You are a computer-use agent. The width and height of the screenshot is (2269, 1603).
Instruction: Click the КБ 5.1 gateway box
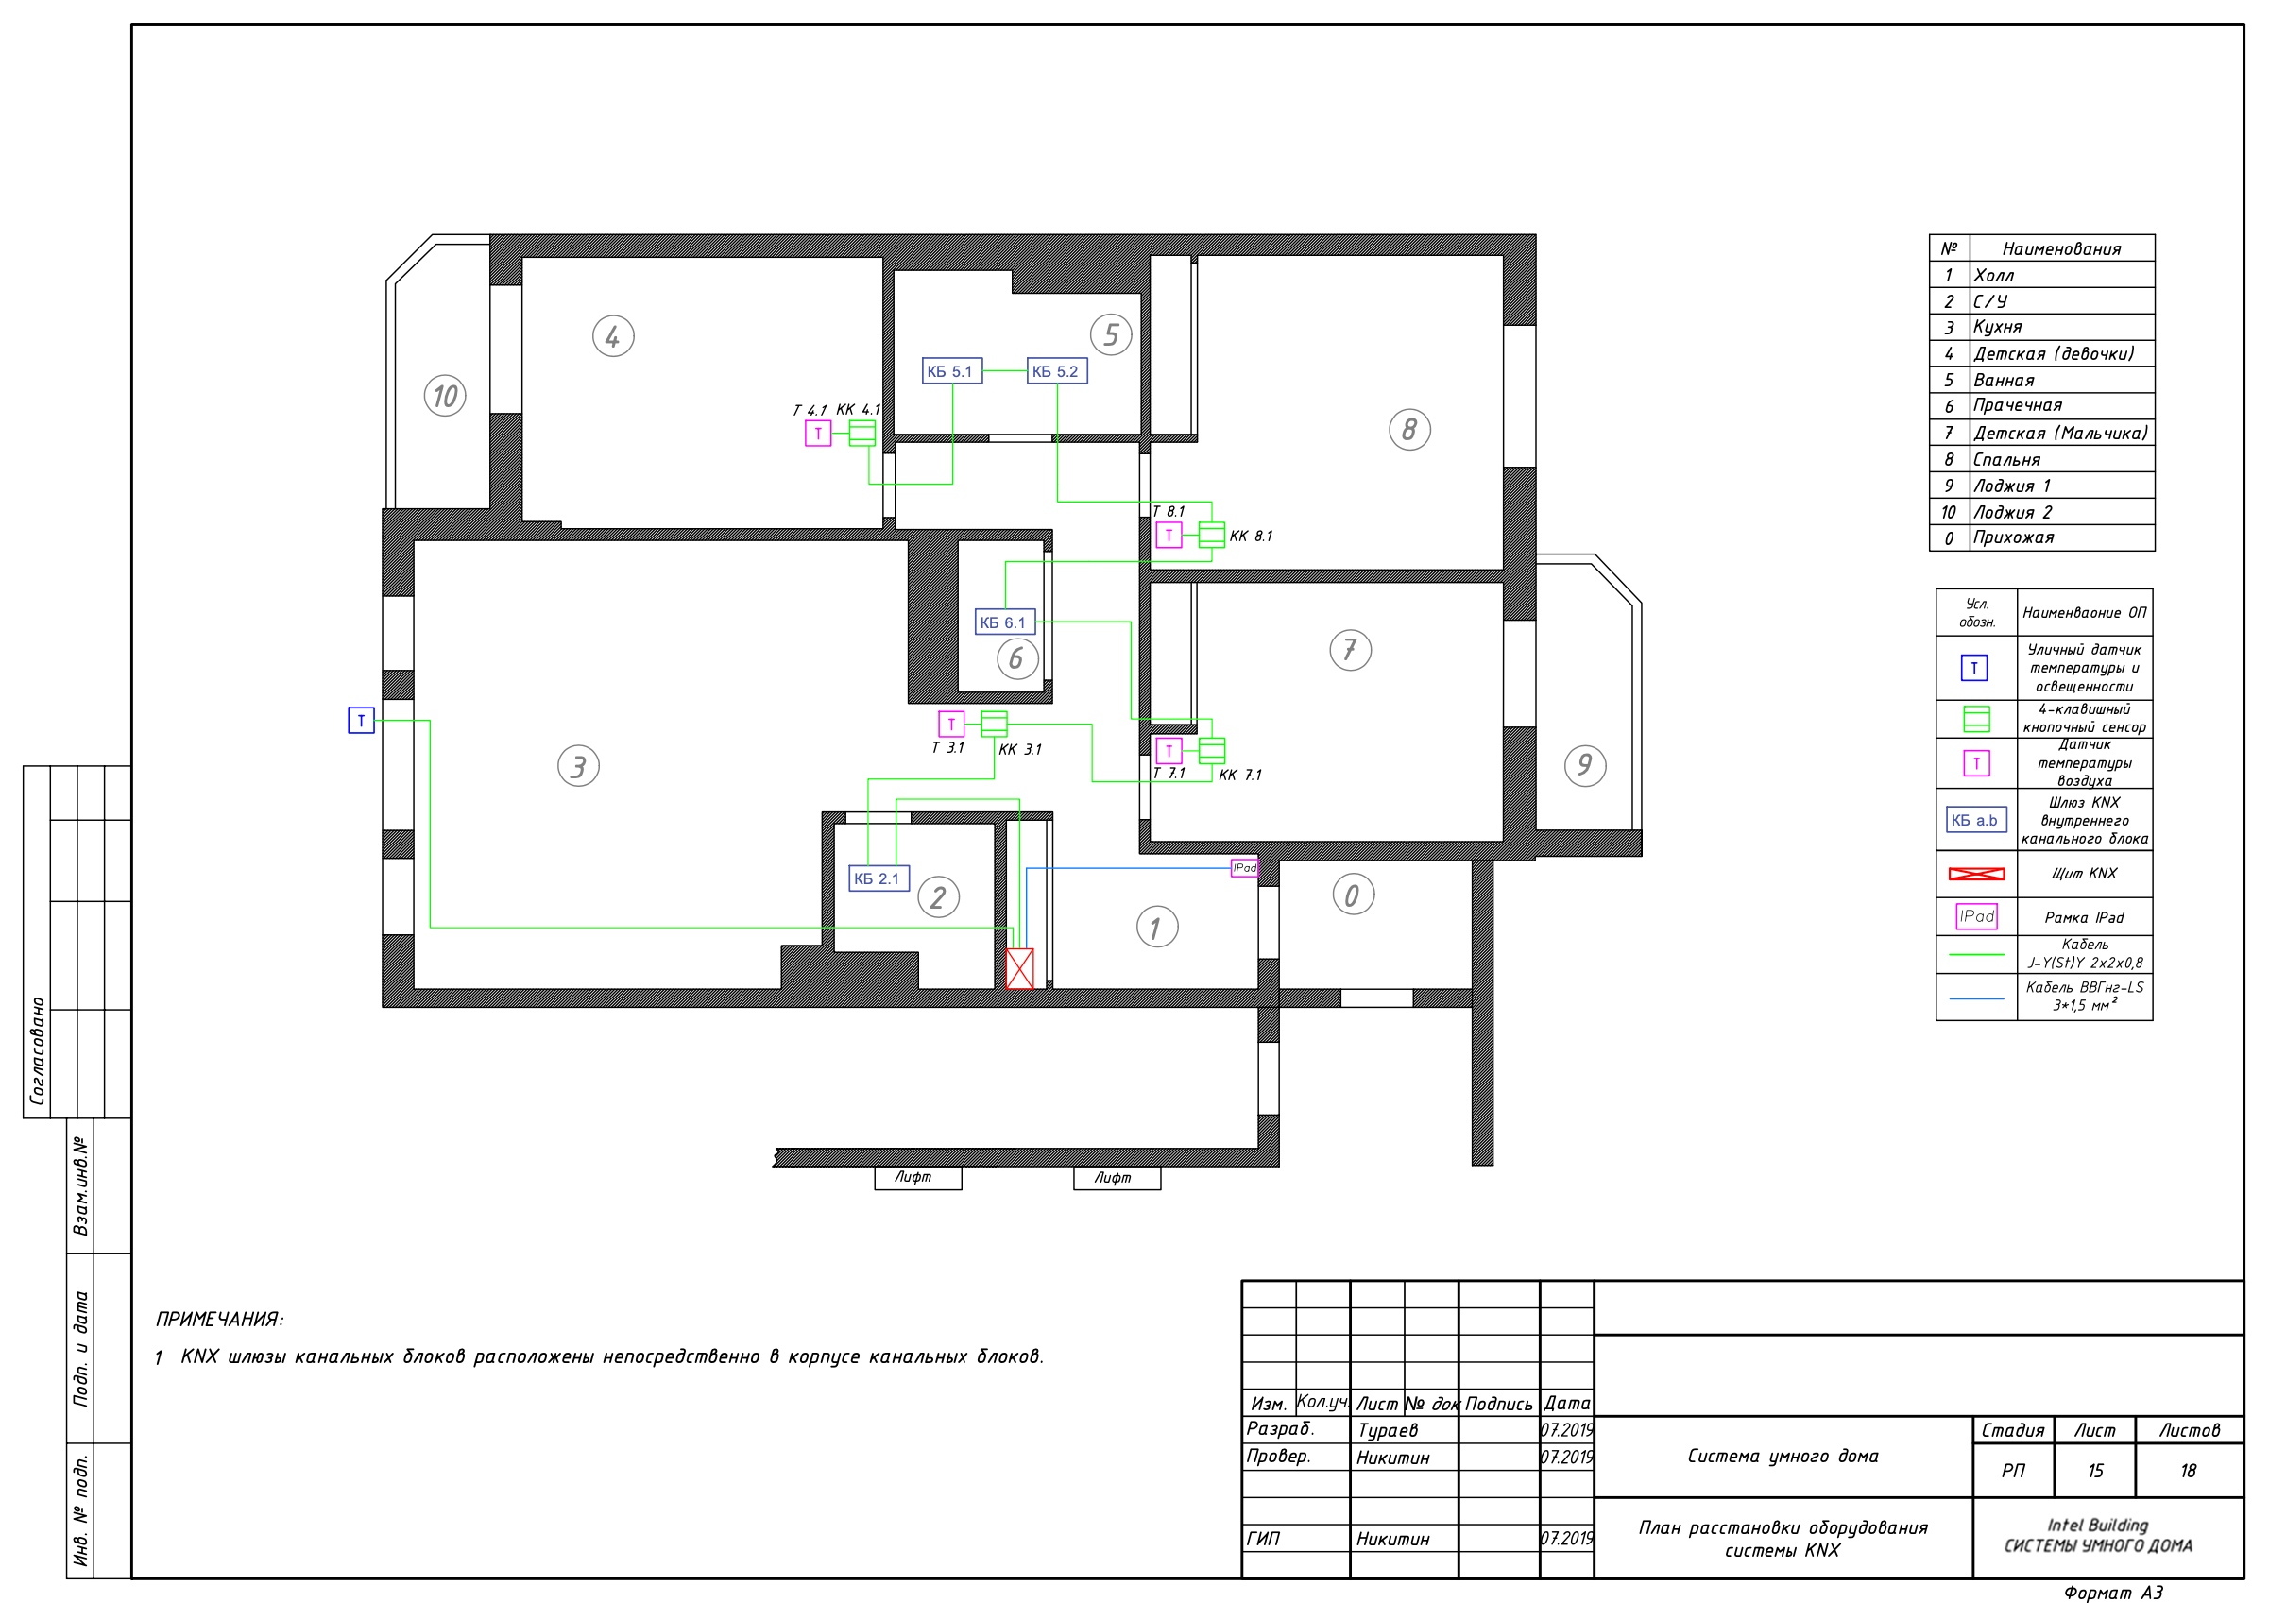951,371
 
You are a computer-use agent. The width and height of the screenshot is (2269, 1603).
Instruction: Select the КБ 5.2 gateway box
1057,371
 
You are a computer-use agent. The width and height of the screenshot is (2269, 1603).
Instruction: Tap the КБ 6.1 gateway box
1005,622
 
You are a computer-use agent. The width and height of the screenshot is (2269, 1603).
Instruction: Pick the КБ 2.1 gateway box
879,878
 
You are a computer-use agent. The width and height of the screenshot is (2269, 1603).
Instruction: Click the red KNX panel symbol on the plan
1020,968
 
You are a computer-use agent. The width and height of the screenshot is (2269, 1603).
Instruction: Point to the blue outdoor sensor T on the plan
361,721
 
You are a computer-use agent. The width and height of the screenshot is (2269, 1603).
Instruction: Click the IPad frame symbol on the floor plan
1244,868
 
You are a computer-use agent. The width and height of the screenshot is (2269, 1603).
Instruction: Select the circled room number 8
1409,430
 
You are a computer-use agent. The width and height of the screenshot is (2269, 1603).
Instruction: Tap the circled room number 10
445,397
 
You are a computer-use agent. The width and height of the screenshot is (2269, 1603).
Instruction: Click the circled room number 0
1353,895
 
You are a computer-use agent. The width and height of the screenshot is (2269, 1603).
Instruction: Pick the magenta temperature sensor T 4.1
818,433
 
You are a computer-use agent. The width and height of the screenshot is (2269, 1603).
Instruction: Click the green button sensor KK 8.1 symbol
1212,535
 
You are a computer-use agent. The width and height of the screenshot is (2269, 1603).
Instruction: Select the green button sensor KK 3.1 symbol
994,725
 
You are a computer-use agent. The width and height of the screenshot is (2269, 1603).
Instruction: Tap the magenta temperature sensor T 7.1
1169,751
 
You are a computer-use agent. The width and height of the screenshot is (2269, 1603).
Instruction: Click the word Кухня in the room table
1998,327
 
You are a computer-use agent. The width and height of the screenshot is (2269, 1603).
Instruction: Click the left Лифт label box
918,1177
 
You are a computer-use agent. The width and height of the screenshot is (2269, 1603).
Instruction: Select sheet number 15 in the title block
2095,1471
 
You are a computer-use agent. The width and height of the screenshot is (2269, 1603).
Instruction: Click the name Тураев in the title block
1388,1430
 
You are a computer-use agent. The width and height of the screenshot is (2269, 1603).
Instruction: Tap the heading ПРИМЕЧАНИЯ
219,1320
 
